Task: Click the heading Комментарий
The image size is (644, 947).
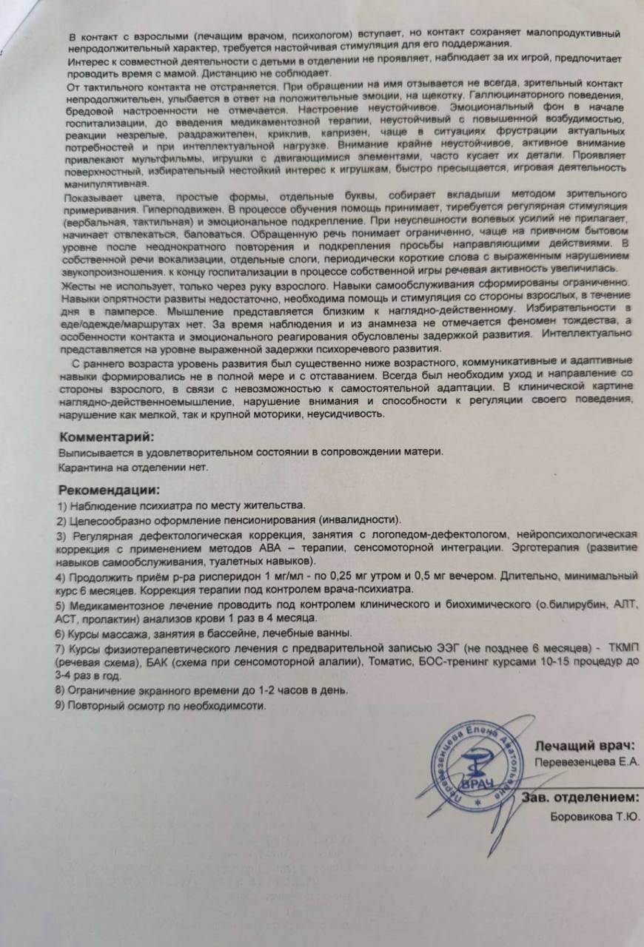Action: (x=107, y=437)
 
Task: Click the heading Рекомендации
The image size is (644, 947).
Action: (x=109, y=490)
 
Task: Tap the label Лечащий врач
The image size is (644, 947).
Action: (x=586, y=746)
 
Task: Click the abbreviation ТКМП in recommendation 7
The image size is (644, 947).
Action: (x=623, y=648)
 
